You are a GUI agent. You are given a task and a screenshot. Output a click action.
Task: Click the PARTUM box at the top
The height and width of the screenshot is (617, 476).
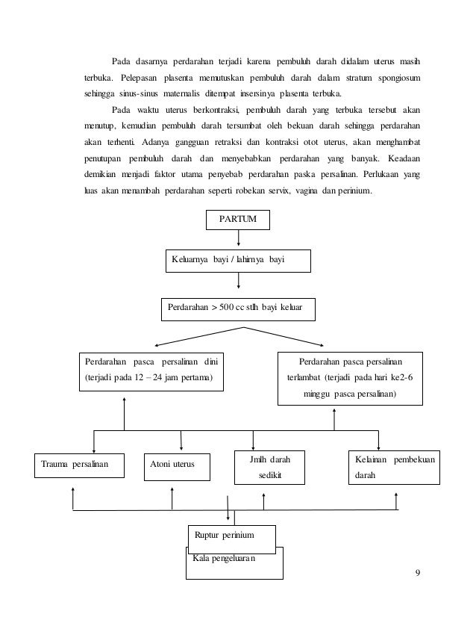click(x=237, y=220)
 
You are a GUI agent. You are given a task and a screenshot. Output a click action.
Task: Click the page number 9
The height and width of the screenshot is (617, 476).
click(x=419, y=574)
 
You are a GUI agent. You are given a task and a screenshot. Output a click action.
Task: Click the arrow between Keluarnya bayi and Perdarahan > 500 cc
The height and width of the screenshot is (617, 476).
click(x=238, y=280)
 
